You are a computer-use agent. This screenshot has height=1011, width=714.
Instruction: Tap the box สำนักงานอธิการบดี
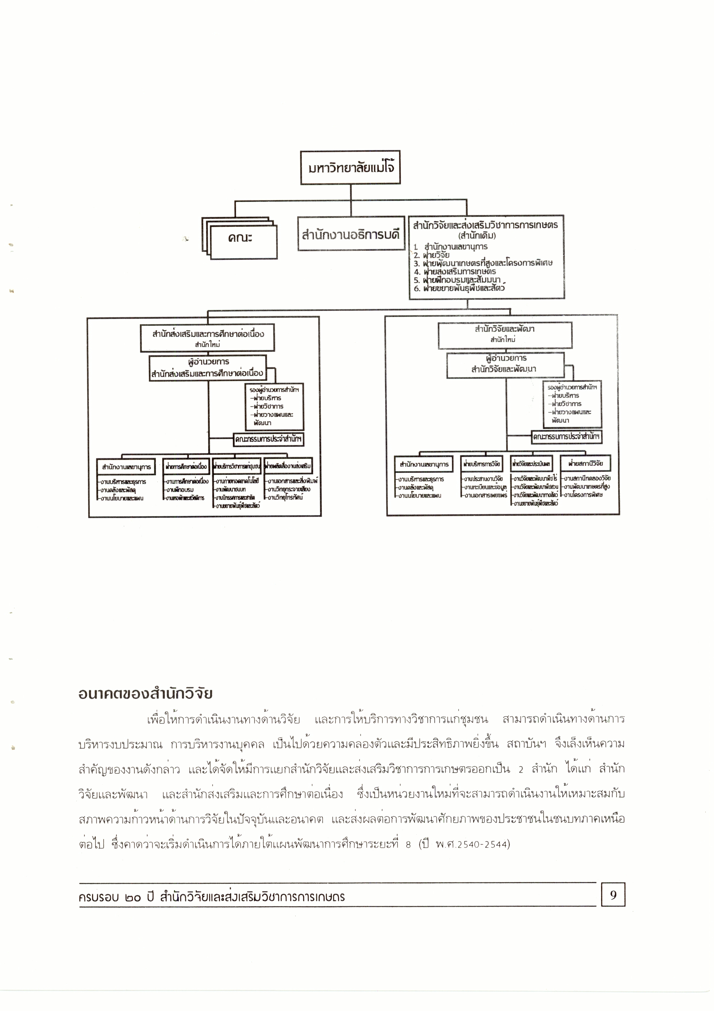tap(351, 234)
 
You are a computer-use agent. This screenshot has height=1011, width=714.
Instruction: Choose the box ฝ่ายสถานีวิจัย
tap(585, 464)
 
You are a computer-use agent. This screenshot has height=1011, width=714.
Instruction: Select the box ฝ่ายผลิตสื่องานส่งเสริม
tap(288, 466)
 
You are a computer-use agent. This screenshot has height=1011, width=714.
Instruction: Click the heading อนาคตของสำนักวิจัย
tap(146, 693)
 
